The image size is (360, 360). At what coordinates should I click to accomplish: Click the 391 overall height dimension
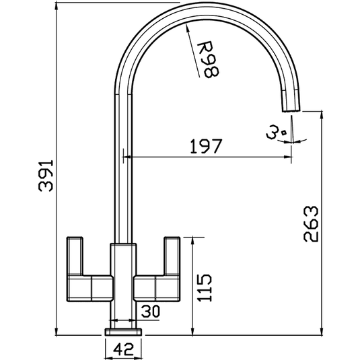pyautogui.click(x=46, y=176)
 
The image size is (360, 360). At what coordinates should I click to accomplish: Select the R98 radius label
pyautogui.click(x=208, y=59)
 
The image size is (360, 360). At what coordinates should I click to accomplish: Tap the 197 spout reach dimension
pyautogui.click(x=206, y=146)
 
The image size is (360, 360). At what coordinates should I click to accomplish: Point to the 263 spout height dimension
pyautogui.click(x=311, y=224)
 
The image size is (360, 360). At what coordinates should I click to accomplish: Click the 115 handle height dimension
pyautogui.click(x=205, y=287)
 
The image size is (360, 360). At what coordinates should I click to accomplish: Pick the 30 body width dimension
pyautogui.click(x=150, y=312)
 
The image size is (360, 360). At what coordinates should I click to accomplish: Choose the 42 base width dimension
pyautogui.click(x=124, y=349)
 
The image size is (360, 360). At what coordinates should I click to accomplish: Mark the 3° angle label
pyautogui.click(x=276, y=132)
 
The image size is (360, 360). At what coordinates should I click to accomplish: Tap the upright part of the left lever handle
pyautogui.click(x=75, y=256)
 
